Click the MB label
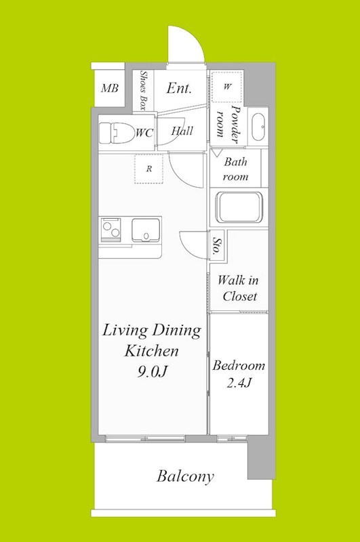point(110,89)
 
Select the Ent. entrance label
point(178,88)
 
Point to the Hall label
point(182,131)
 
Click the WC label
point(144,133)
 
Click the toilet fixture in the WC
point(116,133)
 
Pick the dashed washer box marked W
point(226,86)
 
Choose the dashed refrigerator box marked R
point(148,169)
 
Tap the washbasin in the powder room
point(258,127)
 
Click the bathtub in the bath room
point(239,208)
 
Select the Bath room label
point(235,169)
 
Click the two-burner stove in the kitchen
point(111,230)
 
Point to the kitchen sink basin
point(146,230)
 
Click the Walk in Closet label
point(238,288)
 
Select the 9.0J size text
point(153,371)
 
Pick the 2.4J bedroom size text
point(238,383)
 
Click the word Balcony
point(185,477)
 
